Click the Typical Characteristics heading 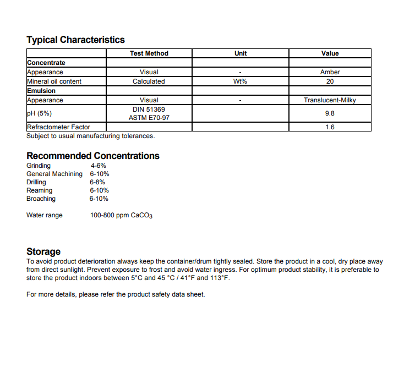[75, 40]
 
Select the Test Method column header [149, 53]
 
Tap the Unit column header [241, 53]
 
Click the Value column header [330, 53]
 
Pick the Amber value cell [330, 72]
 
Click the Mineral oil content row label [54, 81]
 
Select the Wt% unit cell [241, 81]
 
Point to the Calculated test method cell [149, 81]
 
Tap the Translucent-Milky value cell [330, 100]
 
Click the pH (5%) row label [39, 113]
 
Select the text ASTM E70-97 [149, 118]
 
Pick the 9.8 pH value [330, 113]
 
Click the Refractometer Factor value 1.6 [330, 127]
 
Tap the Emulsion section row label [41, 91]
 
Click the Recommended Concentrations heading [93, 156]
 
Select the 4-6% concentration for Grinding [99, 166]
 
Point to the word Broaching [41, 199]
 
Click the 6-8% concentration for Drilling [97, 182]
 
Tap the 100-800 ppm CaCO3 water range [121, 216]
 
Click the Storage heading [43, 251]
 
